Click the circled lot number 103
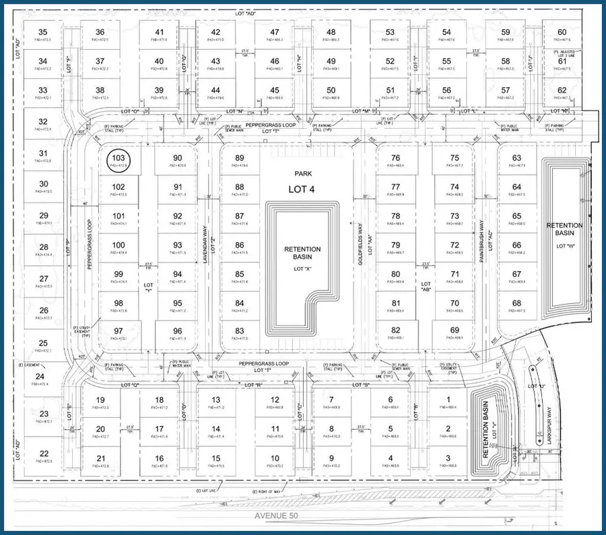[120, 160]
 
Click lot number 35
[43, 32]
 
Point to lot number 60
[562, 32]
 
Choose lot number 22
[43, 453]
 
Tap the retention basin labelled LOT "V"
[485, 424]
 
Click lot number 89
[240, 158]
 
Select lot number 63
[516, 158]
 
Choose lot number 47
[275, 32]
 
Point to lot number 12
[275, 400]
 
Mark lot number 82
[396, 330]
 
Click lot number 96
[177, 331]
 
